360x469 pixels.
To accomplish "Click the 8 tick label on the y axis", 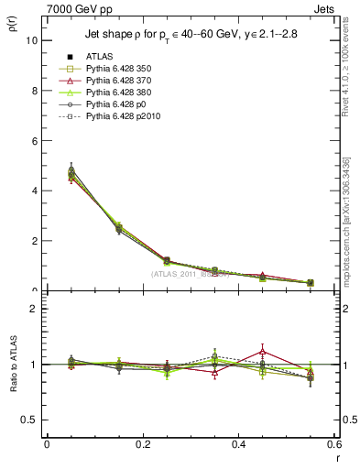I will [x=34, y=91].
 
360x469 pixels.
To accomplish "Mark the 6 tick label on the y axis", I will [x=34, y=141].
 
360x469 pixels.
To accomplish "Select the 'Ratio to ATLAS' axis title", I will [x=12, y=365].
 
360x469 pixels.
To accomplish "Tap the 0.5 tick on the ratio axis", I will [x=29, y=420].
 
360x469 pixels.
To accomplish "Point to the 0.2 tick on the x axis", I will [x=142, y=445].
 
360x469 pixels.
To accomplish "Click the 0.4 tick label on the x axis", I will [x=238, y=445].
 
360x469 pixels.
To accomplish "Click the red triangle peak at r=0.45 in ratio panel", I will [x=262, y=351].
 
